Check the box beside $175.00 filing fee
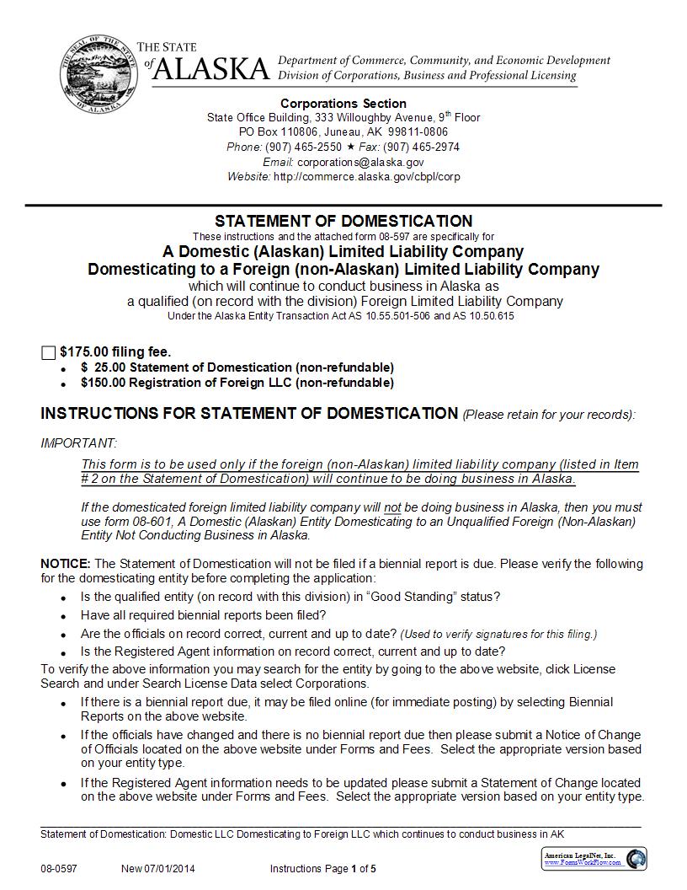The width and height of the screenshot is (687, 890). [x=48, y=352]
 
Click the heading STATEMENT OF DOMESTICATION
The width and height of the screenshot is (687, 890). [x=343, y=222]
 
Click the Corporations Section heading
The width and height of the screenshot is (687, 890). [x=343, y=104]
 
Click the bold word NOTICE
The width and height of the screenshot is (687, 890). [x=65, y=563]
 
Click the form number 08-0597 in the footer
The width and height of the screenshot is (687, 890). [x=58, y=869]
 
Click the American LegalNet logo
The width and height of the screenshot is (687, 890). [x=594, y=859]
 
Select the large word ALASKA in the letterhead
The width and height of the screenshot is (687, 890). [x=212, y=69]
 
